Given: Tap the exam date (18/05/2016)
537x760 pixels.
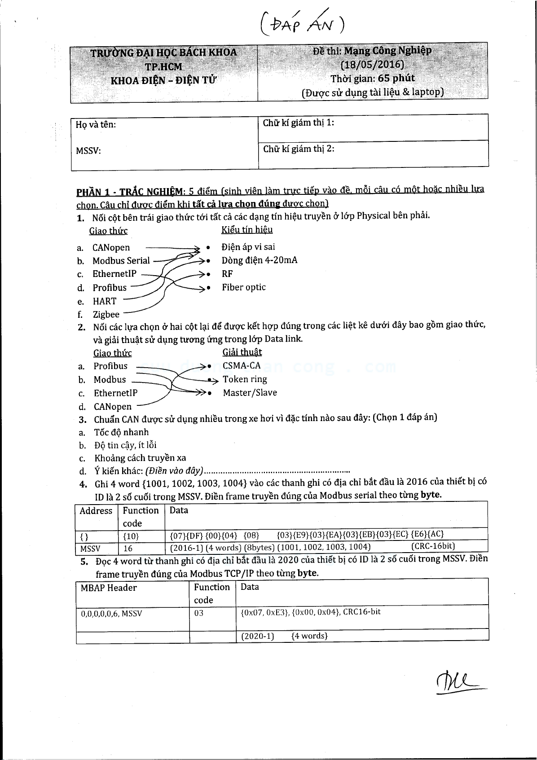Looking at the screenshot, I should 372,64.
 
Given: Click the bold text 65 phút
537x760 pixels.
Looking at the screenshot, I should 397,78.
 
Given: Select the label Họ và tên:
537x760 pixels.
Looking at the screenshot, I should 96,125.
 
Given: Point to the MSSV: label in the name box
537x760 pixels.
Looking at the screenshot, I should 88,150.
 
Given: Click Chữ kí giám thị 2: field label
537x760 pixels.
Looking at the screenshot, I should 299,149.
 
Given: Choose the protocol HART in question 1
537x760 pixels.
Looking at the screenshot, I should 105,301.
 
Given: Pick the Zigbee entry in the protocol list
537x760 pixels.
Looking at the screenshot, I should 106,315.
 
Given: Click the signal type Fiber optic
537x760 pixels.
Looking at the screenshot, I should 243,287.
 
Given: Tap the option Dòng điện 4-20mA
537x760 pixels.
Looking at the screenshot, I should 259,260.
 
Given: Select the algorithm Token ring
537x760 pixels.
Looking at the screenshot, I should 245,379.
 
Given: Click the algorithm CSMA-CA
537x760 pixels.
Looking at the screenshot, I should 242,366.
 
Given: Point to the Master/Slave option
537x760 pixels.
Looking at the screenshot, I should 250,393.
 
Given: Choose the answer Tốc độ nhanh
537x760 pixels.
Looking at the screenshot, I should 121,432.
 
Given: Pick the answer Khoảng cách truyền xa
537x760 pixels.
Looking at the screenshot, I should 140,458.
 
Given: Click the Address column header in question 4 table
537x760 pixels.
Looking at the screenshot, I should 96,511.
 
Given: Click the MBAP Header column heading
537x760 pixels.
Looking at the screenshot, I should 109,588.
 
